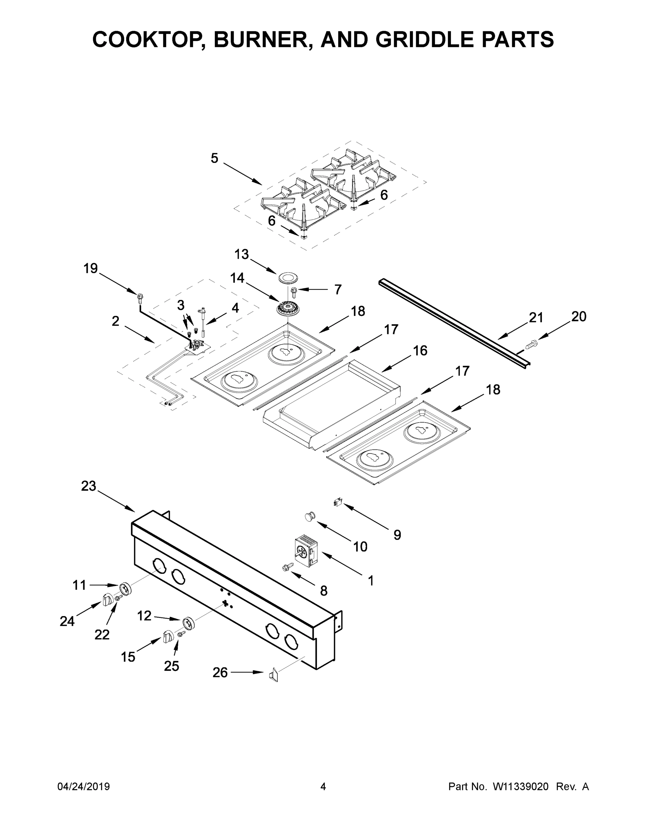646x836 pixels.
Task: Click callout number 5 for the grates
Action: pos(214,158)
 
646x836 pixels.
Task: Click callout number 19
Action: pos(91,268)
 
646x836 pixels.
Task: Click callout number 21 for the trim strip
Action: pos(536,317)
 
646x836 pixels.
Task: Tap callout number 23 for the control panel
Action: pos(88,486)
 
